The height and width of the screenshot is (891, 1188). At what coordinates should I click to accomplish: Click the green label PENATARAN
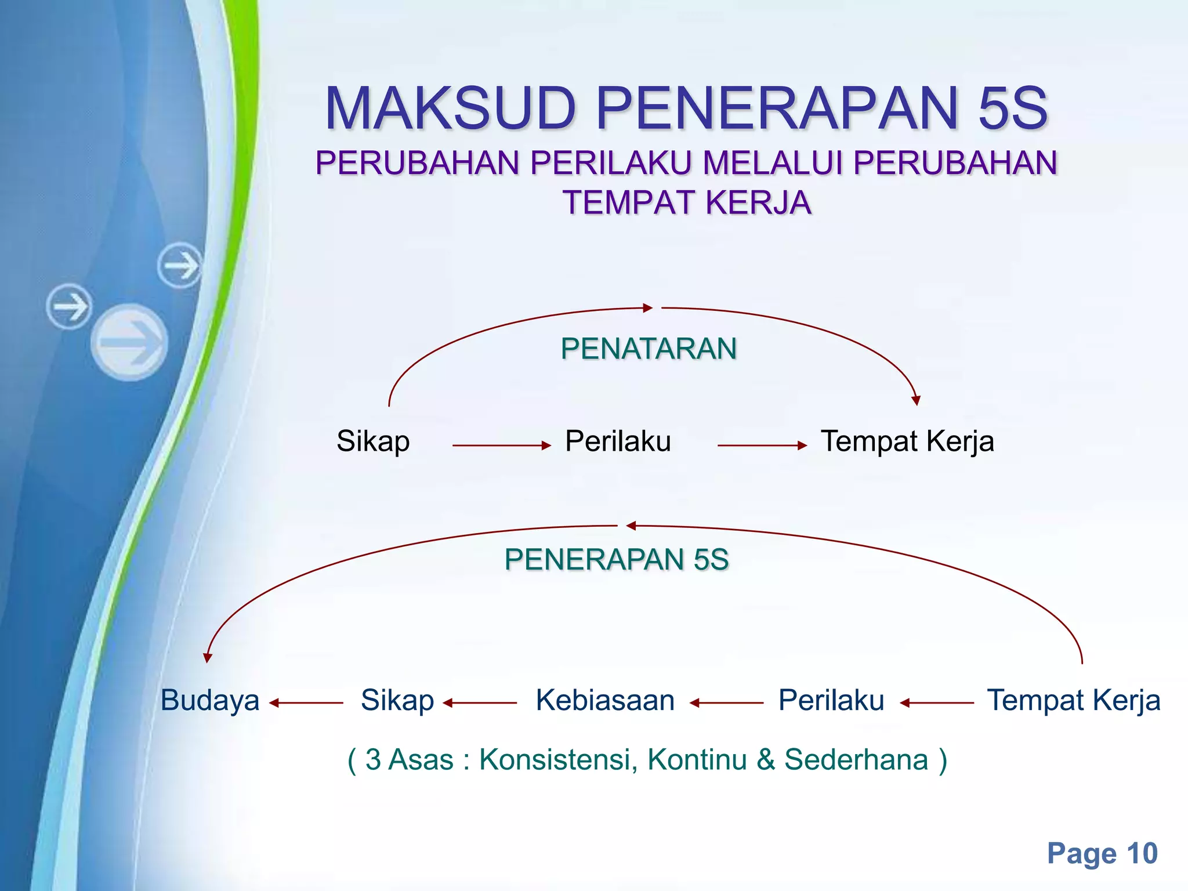[649, 349]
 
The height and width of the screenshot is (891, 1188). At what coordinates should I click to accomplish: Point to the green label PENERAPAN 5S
[616, 559]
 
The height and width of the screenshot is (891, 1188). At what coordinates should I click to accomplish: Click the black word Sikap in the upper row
[373, 441]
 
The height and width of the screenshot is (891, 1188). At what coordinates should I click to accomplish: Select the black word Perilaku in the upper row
[618, 441]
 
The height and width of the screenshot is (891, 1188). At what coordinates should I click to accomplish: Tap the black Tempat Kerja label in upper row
[907, 441]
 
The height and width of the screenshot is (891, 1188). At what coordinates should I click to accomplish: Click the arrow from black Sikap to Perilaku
[501, 445]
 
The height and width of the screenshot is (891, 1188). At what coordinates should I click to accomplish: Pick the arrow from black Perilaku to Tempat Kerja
[762, 445]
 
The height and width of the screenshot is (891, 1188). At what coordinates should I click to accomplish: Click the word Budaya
[210, 700]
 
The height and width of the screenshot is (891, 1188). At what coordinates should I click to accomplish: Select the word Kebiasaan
[605, 700]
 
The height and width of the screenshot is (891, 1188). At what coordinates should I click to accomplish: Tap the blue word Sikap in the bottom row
[397, 700]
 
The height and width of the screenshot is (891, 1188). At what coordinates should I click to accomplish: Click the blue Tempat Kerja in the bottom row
[1074, 700]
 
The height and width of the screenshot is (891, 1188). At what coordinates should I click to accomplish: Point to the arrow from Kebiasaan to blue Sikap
[480, 703]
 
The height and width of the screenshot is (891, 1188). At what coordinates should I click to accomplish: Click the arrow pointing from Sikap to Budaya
[306, 703]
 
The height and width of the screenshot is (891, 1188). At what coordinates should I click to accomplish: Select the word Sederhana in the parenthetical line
[856, 759]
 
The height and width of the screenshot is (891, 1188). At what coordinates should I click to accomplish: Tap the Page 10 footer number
[1102, 853]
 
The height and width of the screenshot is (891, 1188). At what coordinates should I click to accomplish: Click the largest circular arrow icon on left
[129, 342]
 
